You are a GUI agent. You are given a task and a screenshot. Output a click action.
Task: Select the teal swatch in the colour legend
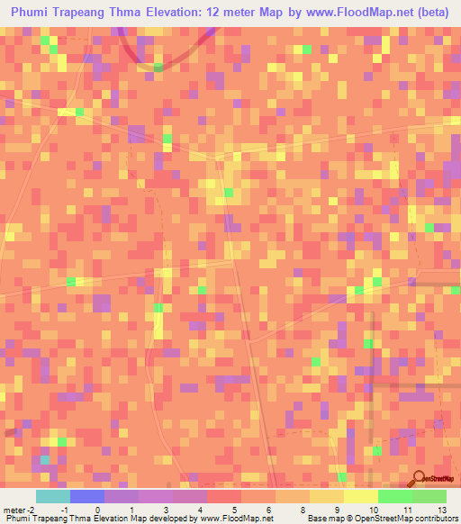(x=53, y=496)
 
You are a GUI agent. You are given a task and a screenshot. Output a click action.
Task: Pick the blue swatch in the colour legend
(x=87, y=496)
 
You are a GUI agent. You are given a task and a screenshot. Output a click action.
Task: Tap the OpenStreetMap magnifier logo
(x=420, y=480)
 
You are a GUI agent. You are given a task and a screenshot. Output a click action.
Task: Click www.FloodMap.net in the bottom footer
(x=235, y=518)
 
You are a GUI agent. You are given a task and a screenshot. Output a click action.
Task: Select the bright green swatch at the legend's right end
(x=429, y=496)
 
